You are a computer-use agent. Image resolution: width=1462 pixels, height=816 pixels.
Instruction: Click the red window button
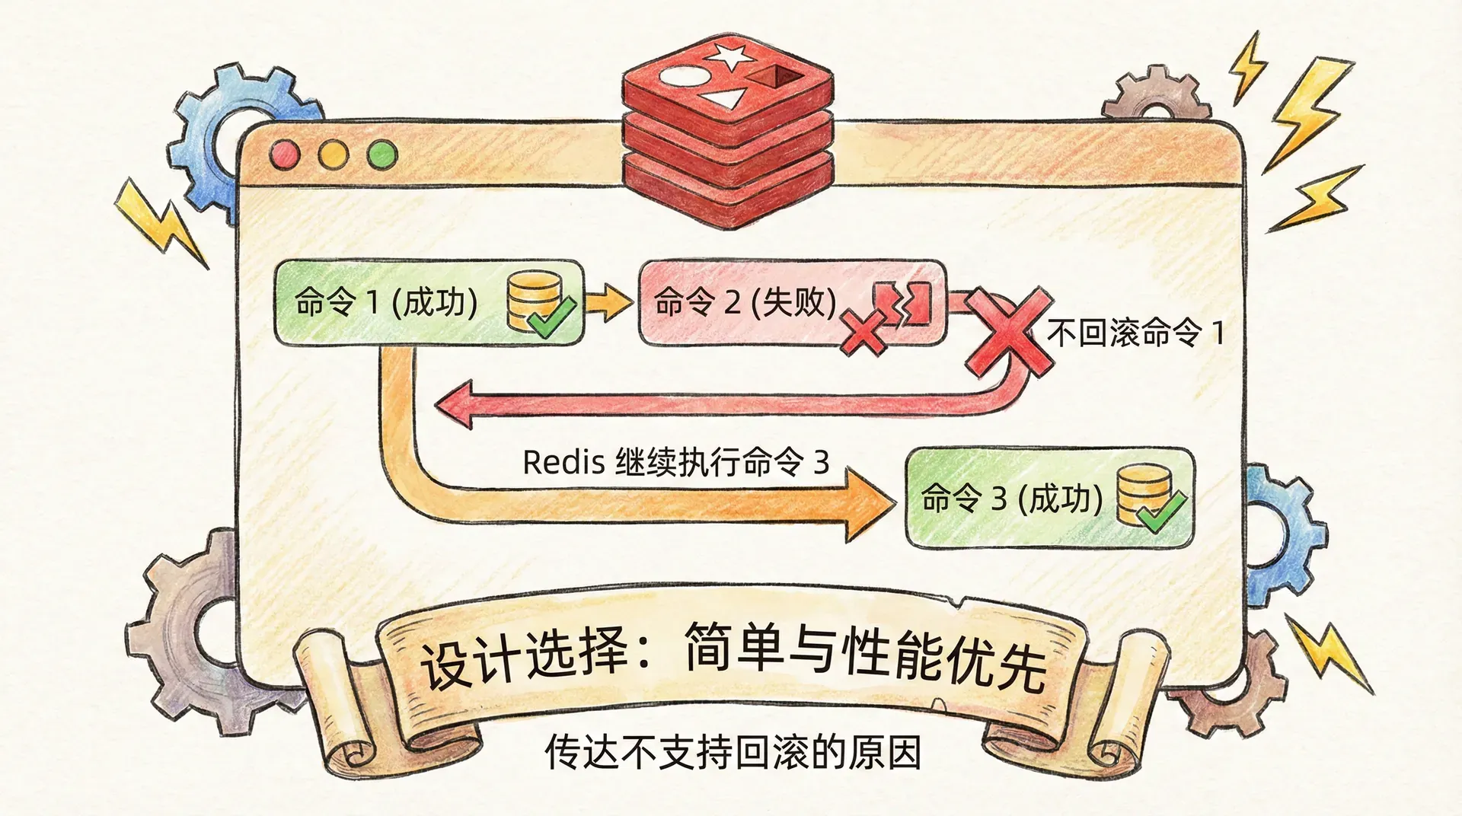point(285,155)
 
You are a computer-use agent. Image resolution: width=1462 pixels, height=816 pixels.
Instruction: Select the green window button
point(382,155)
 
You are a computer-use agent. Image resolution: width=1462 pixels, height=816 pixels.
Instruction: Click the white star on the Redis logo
point(729,55)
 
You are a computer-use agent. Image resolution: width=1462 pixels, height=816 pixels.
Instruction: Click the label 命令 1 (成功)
point(386,303)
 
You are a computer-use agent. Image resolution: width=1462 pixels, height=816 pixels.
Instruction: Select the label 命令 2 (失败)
point(745,303)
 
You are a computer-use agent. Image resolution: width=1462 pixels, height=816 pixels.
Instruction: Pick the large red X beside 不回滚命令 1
point(1010,333)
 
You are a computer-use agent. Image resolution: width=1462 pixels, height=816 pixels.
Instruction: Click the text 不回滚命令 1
point(1135,333)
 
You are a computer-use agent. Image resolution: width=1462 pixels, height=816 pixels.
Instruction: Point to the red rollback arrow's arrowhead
point(455,403)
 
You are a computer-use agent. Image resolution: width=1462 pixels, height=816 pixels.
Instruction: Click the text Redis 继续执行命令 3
point(675,462)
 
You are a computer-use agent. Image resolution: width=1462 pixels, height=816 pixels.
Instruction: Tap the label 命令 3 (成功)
point(1011,499)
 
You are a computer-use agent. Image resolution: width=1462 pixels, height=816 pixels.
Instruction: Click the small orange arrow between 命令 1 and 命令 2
point(610,303)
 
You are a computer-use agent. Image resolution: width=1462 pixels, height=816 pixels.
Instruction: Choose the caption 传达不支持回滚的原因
point(733,752)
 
